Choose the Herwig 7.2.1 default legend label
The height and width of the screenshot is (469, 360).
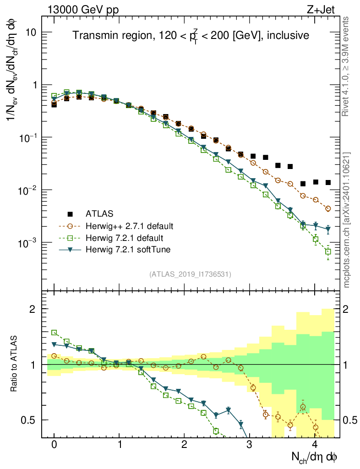[124, 238]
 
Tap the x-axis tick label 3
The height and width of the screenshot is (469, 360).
[249, 445]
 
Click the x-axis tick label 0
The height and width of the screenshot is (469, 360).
[54, 445]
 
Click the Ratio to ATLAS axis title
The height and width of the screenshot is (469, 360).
[14, 365]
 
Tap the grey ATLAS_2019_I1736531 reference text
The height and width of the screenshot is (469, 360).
[190, 274]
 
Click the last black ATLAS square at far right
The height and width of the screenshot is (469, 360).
[328, 182]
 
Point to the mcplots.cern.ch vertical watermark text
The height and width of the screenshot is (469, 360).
[347, 220]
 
